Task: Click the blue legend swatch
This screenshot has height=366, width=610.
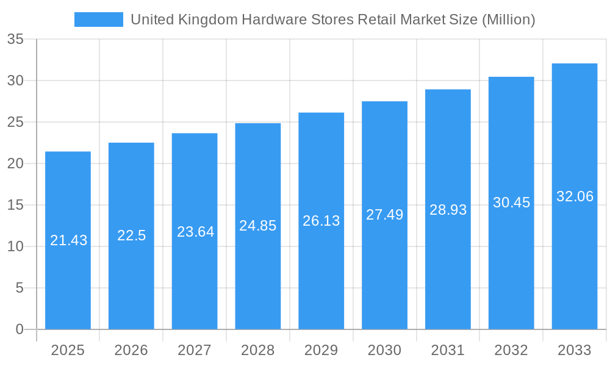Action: click(x=98, y=20)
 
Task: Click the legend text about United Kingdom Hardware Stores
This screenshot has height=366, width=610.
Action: click(x=332, y=20)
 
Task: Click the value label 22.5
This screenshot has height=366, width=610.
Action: click(x=131, y=235)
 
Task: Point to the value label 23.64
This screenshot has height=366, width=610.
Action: click(x=195, y=232)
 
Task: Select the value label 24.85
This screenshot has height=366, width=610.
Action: click(x=258, y=226)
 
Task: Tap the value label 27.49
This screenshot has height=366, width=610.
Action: click(x=384, y=215)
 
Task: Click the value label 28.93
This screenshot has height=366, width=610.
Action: click(x=448, y=210)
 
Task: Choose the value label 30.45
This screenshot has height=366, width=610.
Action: click(x=511, y=203)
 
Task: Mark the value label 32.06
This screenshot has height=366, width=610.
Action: click(x=575, y=196)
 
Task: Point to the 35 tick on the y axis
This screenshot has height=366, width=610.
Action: click(x=15, y=40)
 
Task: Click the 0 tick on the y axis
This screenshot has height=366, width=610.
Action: click(x=19, y=329)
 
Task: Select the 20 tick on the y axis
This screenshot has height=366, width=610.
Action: click(x=15, y=163)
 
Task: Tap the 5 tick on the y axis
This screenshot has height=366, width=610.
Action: click(x=19, y=288)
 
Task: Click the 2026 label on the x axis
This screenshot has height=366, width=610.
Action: click(x=131, y=350)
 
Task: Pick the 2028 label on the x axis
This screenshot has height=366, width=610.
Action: click(x=258, y=350)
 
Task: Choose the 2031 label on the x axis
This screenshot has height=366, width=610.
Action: click(x=448, y=350)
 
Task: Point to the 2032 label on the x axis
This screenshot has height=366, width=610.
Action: click(x=511, y=350)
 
